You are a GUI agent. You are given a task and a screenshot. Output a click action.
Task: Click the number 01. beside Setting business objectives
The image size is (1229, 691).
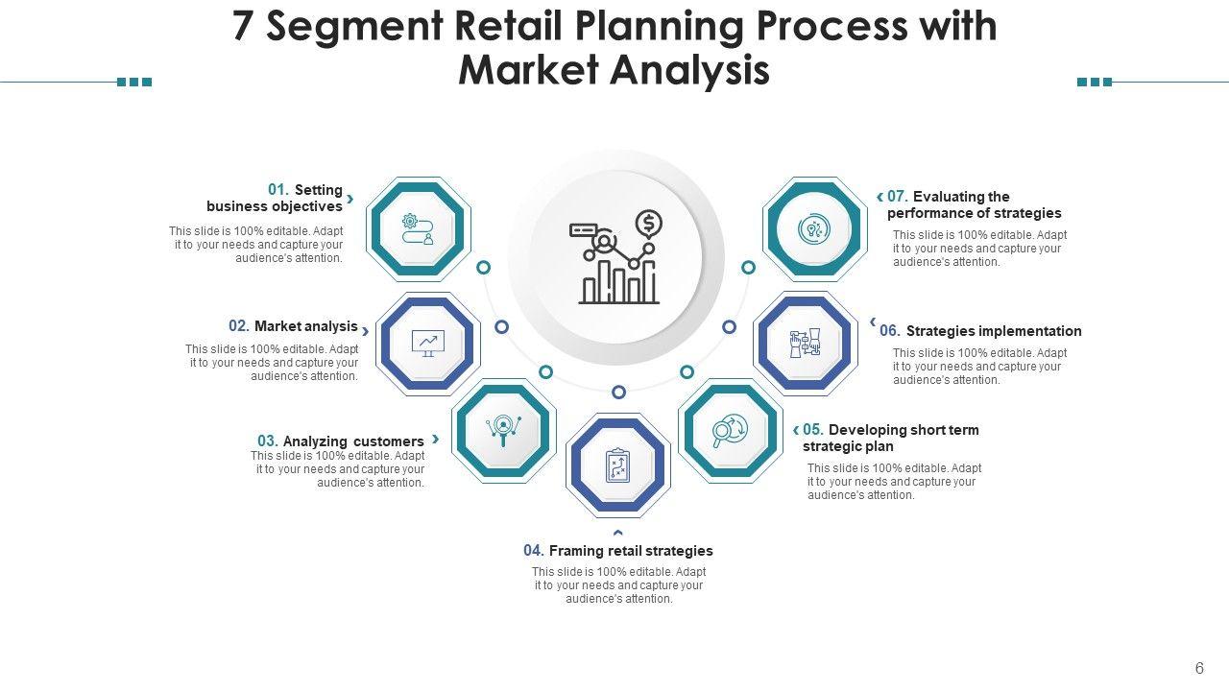pos(278,190)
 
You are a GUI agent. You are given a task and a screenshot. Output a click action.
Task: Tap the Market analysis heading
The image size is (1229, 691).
pos(305,326)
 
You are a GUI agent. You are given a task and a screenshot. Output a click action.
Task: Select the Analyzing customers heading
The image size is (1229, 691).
pos(352,441)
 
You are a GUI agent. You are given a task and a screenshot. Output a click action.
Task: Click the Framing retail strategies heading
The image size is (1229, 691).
pos(630,551)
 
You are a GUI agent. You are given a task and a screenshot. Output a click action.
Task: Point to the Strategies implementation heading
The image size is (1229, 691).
pos(993,331)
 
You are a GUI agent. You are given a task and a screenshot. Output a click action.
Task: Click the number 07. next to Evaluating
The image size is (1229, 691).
pos(898,197)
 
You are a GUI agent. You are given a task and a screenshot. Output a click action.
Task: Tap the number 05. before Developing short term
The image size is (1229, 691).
pos(813,430)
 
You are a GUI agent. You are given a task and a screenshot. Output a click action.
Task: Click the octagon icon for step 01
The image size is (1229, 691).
pos(418,228)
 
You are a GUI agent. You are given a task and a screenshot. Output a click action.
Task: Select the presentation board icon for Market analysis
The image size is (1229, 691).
pos(427,343)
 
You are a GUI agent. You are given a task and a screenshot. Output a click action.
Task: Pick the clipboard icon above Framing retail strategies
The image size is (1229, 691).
pos(617,465)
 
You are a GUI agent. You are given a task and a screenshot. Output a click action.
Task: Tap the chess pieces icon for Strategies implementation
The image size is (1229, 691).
pos(806,343)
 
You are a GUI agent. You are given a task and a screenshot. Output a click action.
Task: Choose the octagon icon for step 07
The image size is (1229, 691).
pos(813,229)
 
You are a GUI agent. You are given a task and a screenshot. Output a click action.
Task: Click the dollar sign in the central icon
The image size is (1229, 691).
pos(649,224)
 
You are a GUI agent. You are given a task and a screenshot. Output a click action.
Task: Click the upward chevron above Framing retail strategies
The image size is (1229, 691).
pos(618,533)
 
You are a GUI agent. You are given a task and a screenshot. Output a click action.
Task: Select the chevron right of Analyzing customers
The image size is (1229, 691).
pos(436,439)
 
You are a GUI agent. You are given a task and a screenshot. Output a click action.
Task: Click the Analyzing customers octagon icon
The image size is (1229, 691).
pos(503,429)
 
